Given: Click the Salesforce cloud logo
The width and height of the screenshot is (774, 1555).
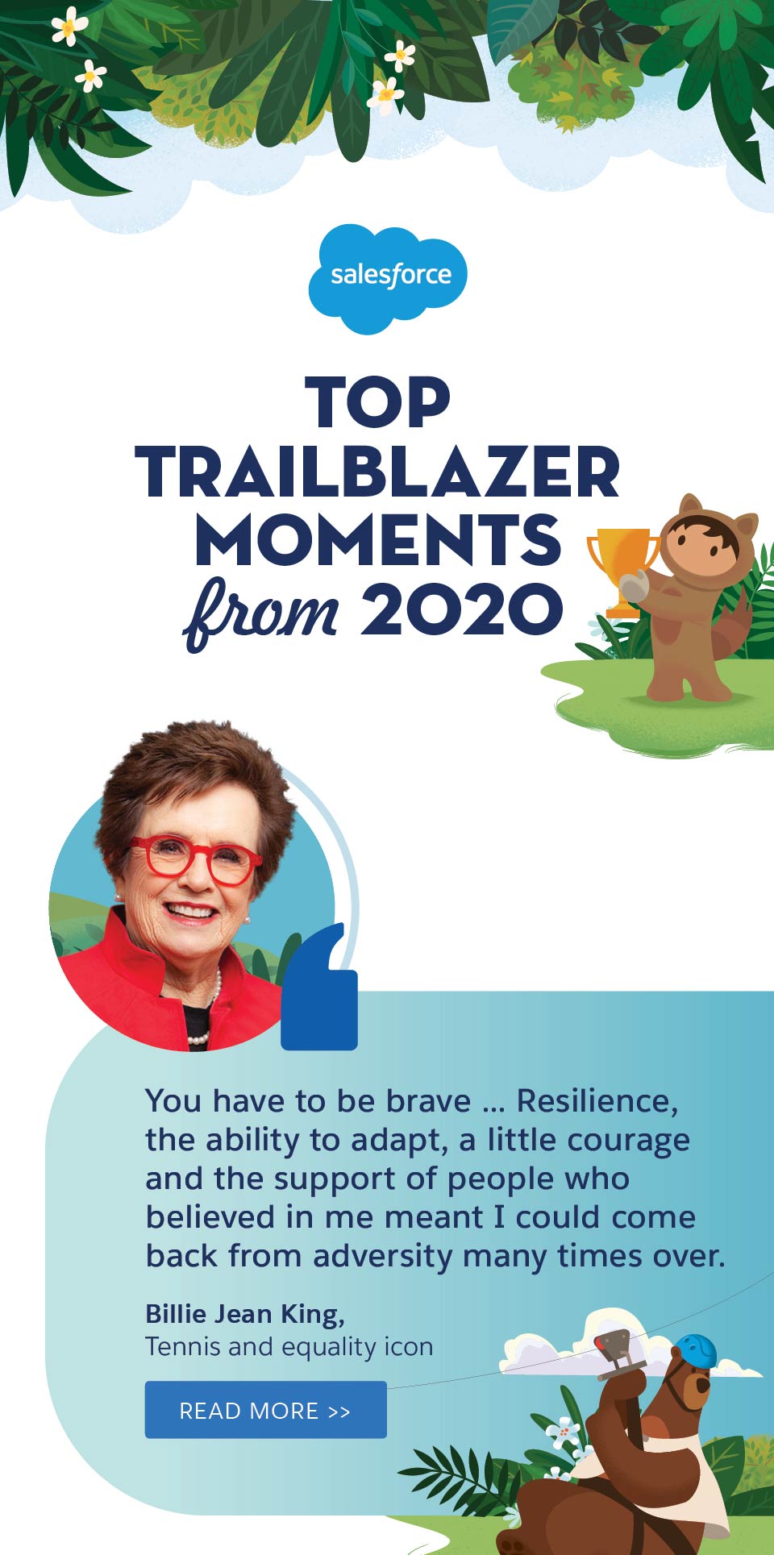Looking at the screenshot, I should pos(388,276).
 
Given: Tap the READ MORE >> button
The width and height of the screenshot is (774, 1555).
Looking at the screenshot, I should pos(265,1410).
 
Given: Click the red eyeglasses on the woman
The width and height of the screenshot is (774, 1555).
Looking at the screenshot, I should pos(193,859).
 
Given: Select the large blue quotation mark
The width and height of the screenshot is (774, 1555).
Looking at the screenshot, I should pos(319,992).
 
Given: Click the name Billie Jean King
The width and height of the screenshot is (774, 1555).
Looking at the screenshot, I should pos(244,1314).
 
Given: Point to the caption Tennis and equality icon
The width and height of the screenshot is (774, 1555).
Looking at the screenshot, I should pos(289,1347).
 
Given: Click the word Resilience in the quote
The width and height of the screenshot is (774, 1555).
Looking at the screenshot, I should pos(597,1101).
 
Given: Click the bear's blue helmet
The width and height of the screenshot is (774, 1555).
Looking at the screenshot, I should pos(696,1349).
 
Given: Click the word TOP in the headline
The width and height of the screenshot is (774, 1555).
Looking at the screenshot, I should pos(377,402).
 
